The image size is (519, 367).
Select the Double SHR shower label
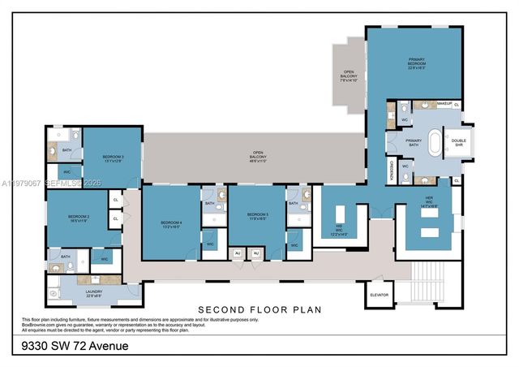click(459, 142)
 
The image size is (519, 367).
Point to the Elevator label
click(380, 295)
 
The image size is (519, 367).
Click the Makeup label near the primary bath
click(444, 104)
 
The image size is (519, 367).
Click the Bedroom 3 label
click(113, 158)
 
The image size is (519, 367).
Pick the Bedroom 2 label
click(79, 218)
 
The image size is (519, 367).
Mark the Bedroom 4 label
click(171, 224)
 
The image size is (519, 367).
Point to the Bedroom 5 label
click(257, 217)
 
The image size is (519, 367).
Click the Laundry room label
click(93, 294)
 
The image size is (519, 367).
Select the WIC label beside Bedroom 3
click(67, 172)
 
